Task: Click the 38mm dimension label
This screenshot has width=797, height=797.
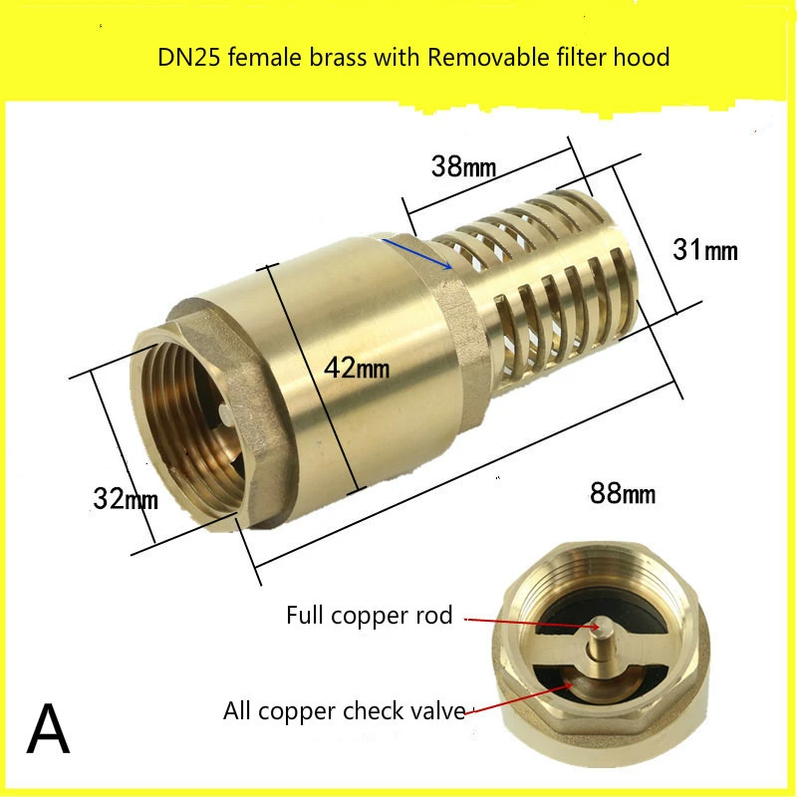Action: (463, 167)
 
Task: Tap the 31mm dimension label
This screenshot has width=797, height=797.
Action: (705, 250)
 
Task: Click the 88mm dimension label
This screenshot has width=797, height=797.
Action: (622, 492)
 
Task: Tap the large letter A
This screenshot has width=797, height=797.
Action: (48, 730)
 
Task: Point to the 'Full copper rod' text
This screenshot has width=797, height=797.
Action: (369, 615)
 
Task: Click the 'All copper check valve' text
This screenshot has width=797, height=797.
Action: (345, 711)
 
